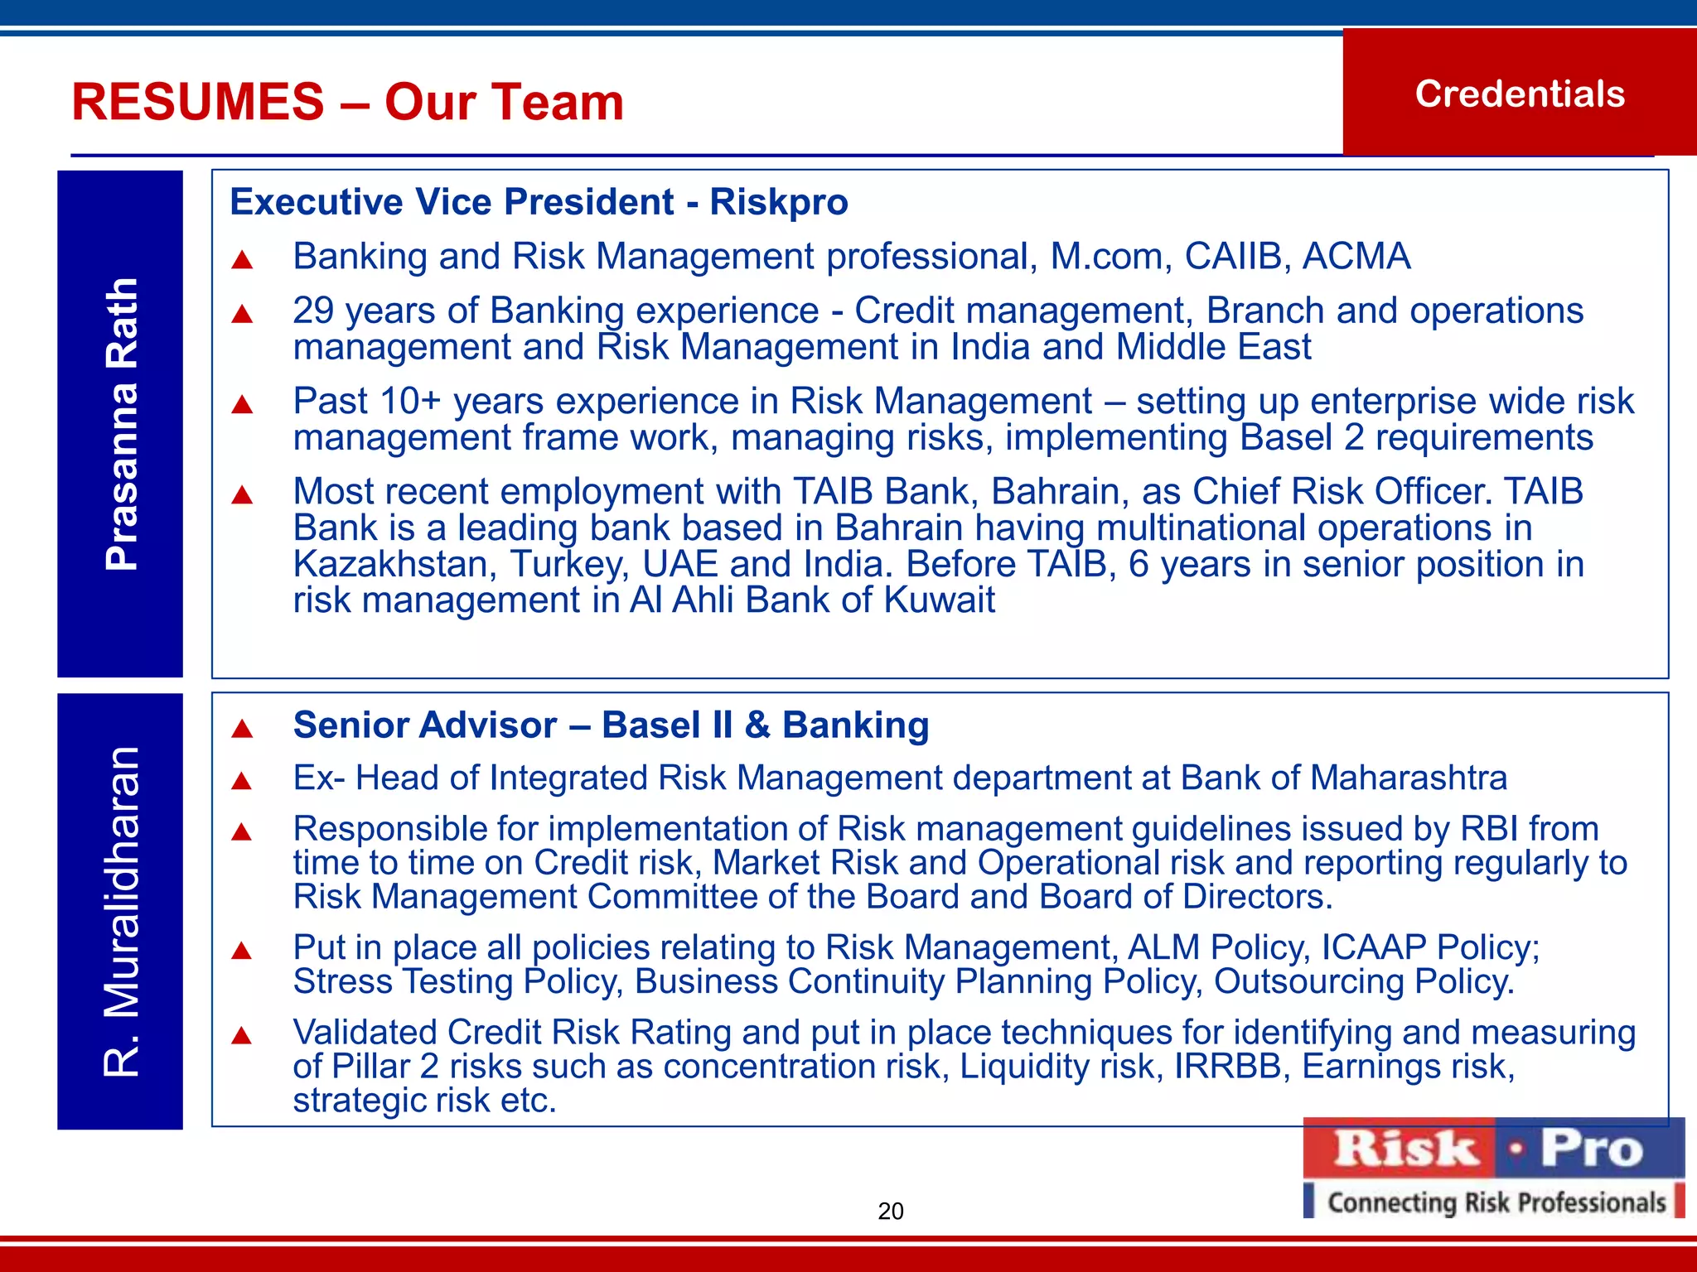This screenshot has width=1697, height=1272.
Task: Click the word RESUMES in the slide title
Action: click(197, 103)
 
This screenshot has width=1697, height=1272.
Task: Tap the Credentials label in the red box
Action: click(1520, 94)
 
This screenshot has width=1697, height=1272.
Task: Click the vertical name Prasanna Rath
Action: click(121, 424)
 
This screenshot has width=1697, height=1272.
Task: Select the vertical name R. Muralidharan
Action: click(121, 911)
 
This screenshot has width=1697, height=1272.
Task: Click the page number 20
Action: click(891, 1212)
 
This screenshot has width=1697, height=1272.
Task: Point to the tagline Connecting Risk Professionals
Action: click(1496, 1202)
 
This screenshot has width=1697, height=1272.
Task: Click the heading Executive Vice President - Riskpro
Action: click(539, 202)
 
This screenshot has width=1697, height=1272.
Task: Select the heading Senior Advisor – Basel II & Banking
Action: click(611, 725)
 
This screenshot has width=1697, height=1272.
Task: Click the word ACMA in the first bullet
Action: click(1356, 257)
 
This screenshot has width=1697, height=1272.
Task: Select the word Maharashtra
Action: click(1409, 778)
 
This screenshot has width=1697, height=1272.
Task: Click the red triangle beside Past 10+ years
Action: click(242, 405)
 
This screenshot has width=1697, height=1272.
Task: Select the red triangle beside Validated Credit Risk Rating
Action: click(242, 1036)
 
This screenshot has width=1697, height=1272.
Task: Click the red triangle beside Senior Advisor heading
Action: click(242, 729)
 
